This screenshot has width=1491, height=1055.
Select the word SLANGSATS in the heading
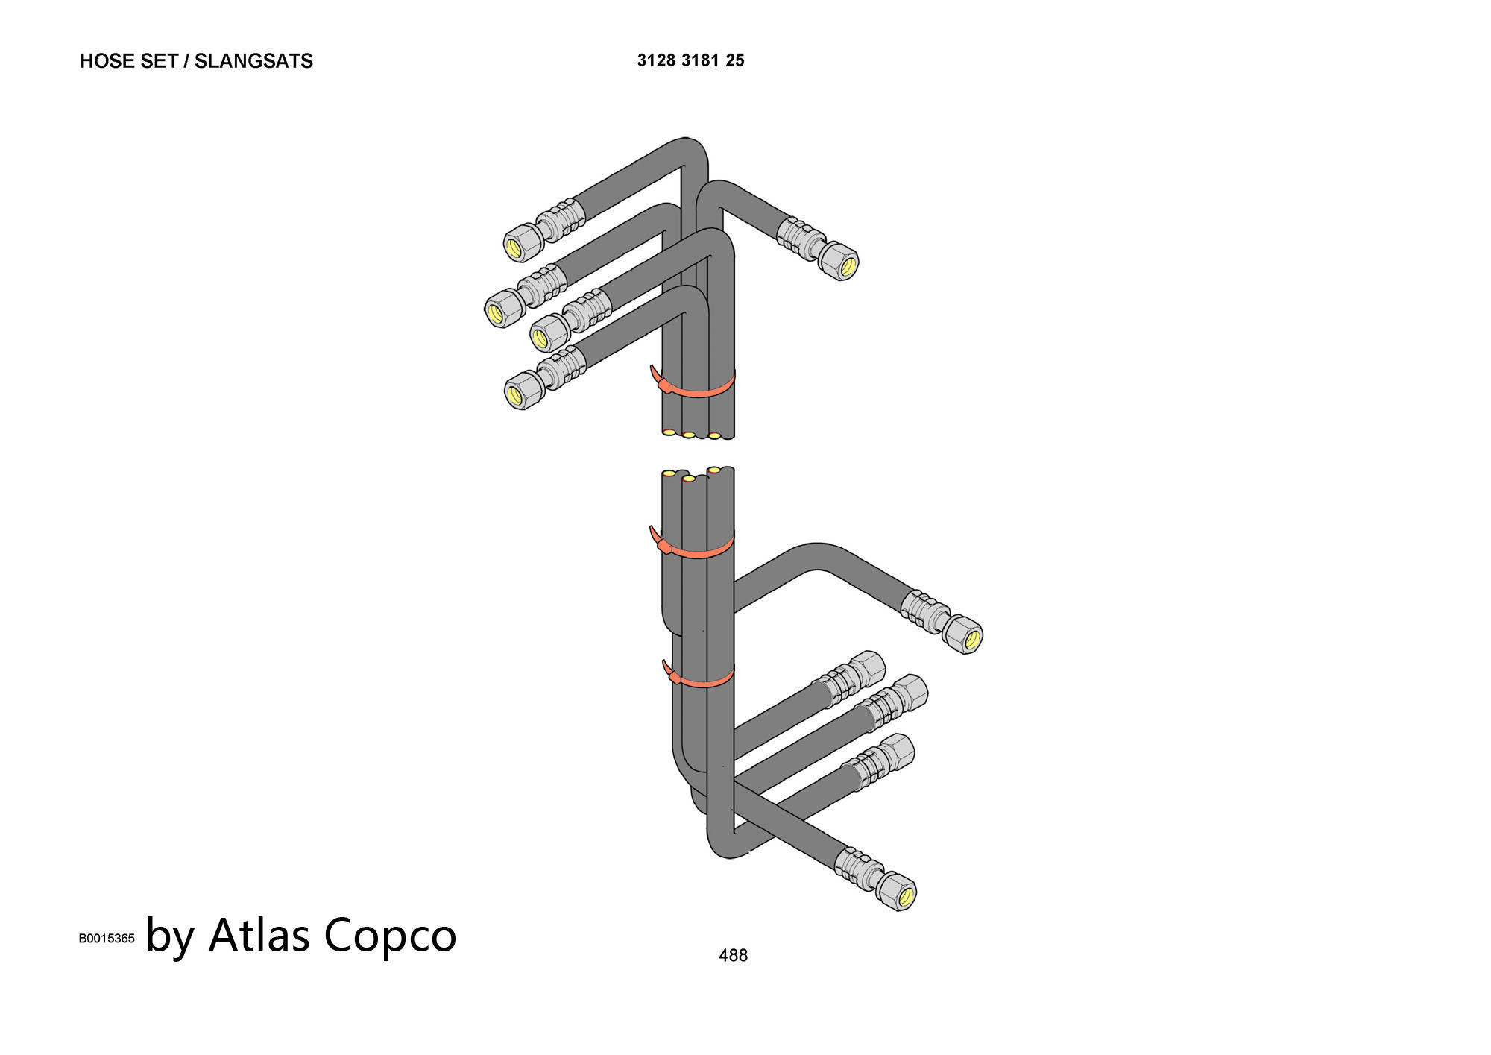[253, 61]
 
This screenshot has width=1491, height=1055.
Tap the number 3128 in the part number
[656, 60]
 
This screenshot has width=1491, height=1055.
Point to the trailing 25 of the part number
[735, 60]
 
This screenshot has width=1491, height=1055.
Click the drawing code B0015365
[107, 938]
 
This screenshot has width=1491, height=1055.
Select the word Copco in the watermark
[390, 936]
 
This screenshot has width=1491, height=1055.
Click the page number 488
[733, 955]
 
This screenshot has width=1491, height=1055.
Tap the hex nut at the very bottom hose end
[897, 892]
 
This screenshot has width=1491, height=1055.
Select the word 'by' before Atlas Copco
[171, 936]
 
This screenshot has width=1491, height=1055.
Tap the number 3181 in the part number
[700, 60]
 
